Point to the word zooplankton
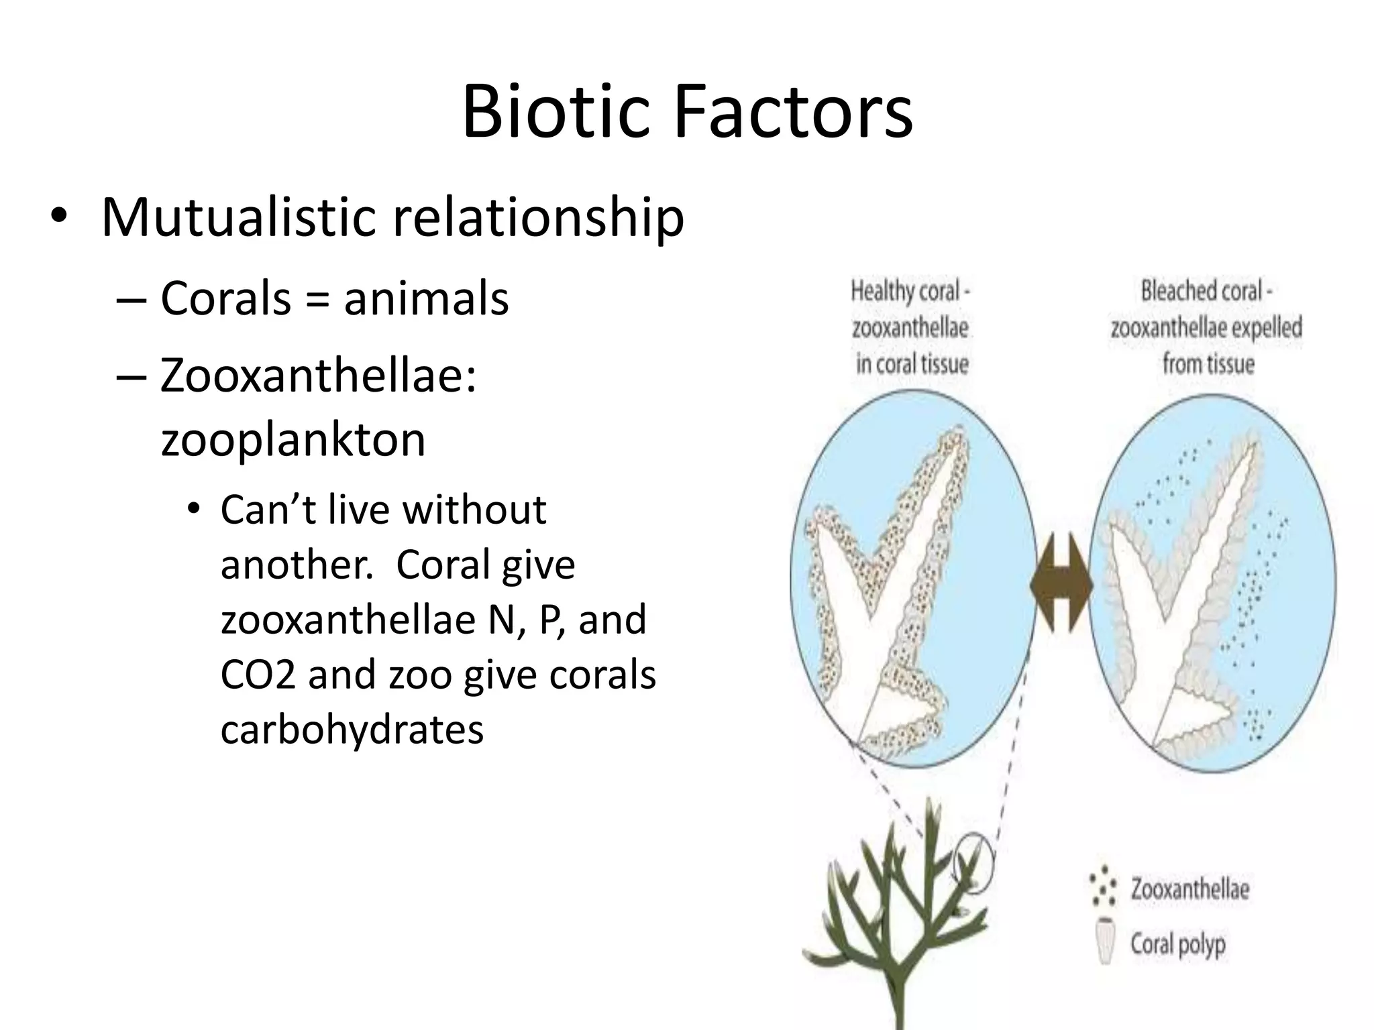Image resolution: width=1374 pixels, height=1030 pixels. pyautogui.click(x=293, y=439)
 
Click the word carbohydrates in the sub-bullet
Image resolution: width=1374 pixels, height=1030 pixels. pyautogui.click(x=352, y=729)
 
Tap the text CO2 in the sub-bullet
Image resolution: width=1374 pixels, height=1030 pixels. pyautogui.click(x=258, y=675)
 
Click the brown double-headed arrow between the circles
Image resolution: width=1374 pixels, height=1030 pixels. pyautogui.click(x=1061, y=583)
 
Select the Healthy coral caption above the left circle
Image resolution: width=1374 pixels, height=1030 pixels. pyautogui.click(x=910, y=327)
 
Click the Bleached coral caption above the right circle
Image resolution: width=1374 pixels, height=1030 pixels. pyautogui.click(x=1206, y=327)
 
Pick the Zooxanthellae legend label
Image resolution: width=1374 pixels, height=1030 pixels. pyautogui.click(x=1190, y=889)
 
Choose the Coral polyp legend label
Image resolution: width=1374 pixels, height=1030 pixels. pyautogui.click(x=1178, y=943)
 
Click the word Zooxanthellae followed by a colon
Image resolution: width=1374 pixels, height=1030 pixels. pyautogui.click(x=318, y=376)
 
